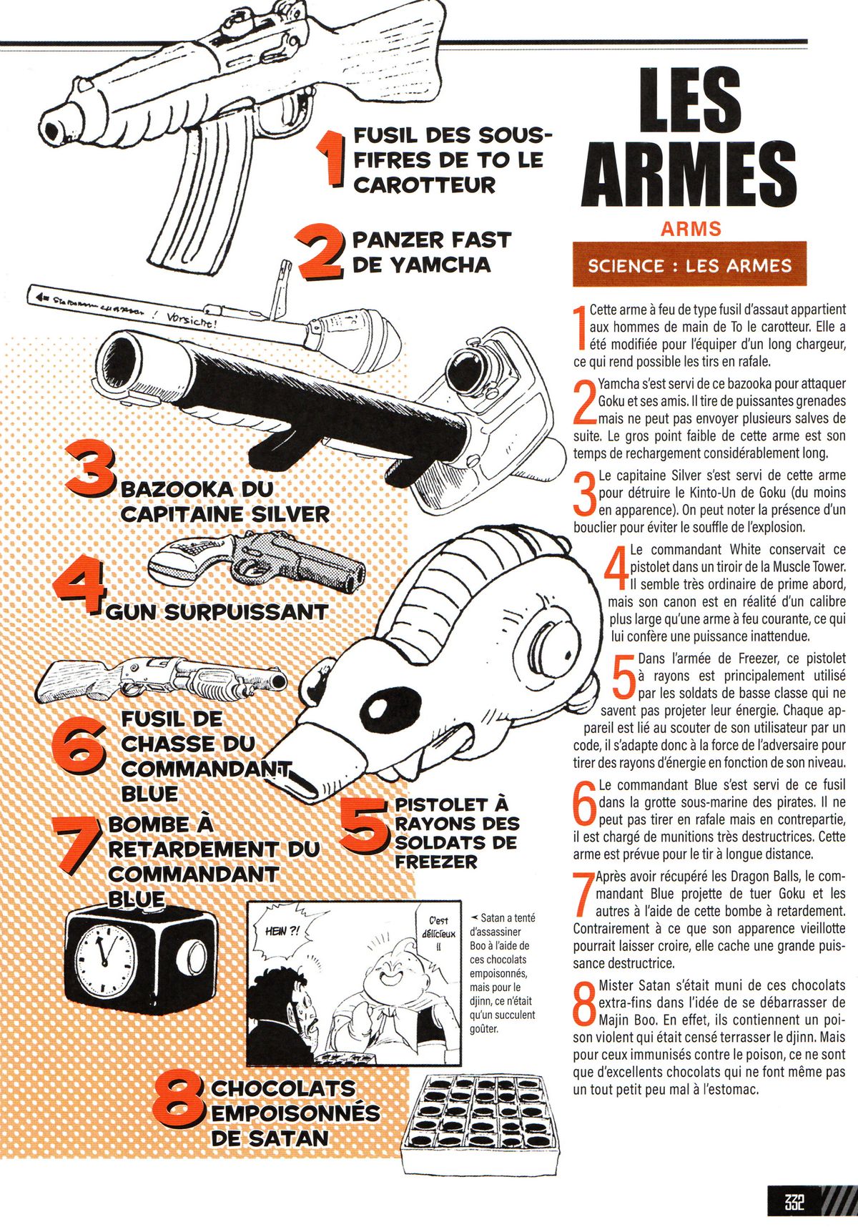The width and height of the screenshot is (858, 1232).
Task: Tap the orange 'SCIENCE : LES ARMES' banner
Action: tap(689, 265)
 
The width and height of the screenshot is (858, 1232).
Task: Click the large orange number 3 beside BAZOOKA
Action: tap(91, 470)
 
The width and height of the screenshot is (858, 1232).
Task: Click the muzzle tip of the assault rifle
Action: tap(51, 129)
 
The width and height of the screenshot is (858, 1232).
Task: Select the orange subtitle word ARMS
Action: tap(691, 229)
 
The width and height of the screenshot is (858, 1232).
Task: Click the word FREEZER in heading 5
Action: tap(435, 862)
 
